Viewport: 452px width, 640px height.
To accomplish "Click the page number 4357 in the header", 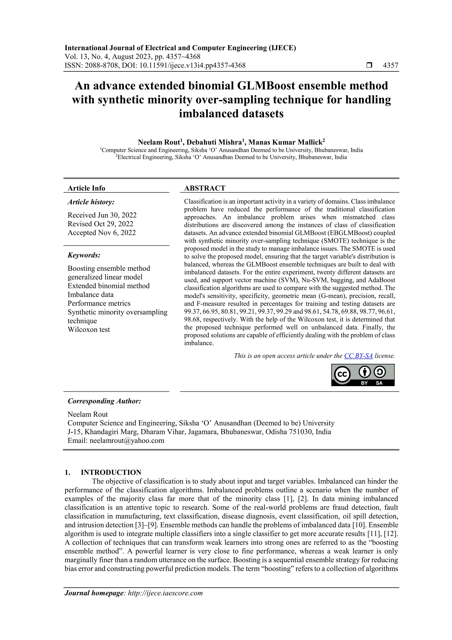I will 390,66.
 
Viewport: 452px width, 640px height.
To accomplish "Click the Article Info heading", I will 86,188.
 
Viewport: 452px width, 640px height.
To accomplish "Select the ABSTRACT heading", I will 205,188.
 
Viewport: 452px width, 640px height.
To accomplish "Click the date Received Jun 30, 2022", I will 102,215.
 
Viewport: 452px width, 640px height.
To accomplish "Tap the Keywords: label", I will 84,255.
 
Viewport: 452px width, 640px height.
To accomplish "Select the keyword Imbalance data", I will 90,295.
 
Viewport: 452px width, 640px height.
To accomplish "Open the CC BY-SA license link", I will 358,356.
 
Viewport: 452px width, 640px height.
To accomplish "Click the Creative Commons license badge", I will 363,375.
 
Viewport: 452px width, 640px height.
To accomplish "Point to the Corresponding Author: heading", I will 104,401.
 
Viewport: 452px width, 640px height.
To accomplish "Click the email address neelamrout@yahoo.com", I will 127,441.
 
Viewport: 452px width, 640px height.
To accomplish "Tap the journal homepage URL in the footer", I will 165,593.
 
